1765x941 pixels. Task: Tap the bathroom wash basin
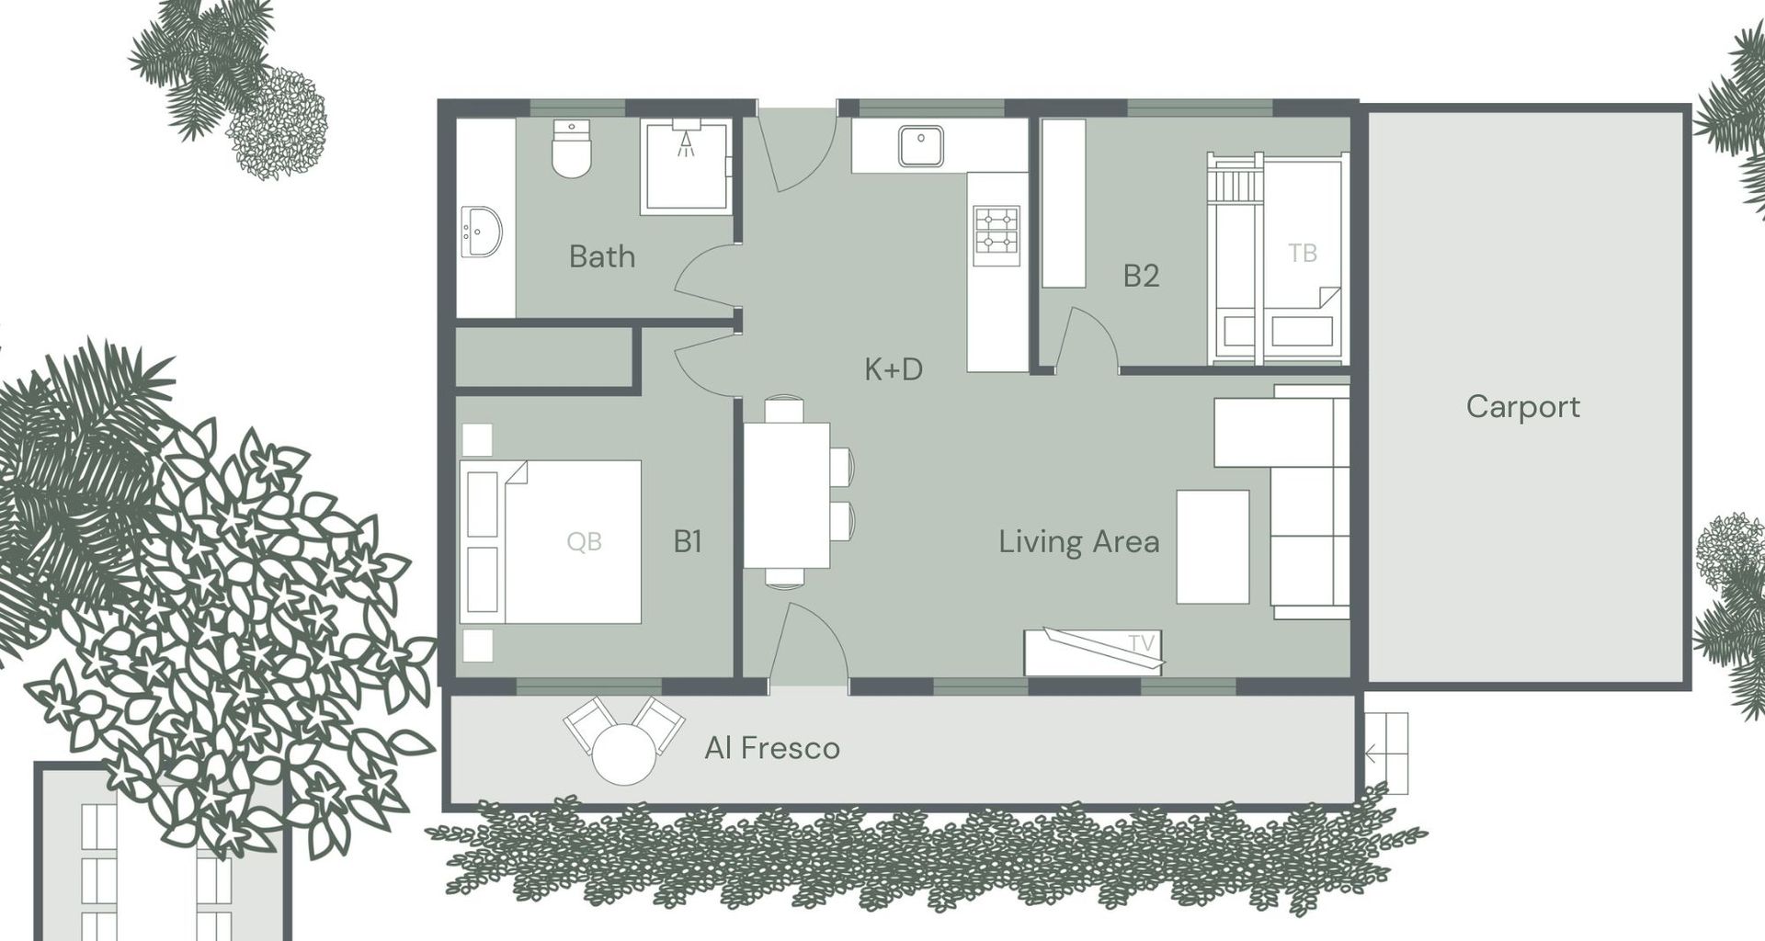pyautogui.click(x=481, y=232)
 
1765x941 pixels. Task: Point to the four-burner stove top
pyautogui.click(x=996, y=230)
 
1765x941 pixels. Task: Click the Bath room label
pyautogui.click(x=602, y=256)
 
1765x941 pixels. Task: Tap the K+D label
pyautogui.click(x=894, y=369)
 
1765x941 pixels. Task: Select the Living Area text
pyautogui.click(x=1079, y=541)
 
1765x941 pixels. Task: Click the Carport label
pyautogui.click(x=1523, y=407)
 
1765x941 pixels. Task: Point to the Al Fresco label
pyautogui.click(x=772, y=748)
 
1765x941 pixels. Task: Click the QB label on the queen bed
pyautogui.click(x=585, y=542)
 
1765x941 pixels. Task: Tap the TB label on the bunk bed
pyautogui.click(x=1303, y=253)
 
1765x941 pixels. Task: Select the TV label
pyautogui.click(x=1141, y=644)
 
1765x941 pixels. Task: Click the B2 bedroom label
pyautogui.click(x=1141, y=276)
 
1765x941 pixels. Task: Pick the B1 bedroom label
pyautogui.click(x=688, y=541)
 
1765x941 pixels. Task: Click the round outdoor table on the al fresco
pyautogui.click(x=624, y=754)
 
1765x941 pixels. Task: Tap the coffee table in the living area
pyautogui.click(x=1213, y=547)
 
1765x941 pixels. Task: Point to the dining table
pyautogui.click(x=787, y=495)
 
